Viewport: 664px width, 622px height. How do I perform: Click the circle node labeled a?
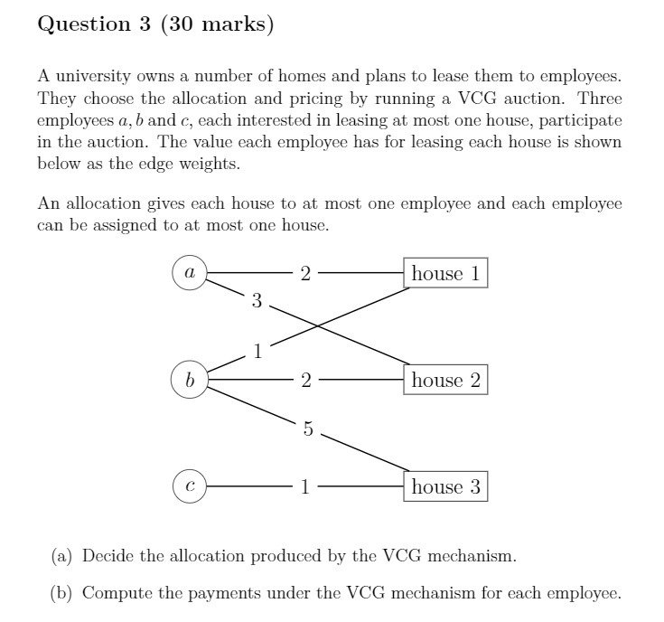190,272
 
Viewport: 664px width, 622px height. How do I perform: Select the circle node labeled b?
190,380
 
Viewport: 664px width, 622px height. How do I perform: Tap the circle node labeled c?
190,487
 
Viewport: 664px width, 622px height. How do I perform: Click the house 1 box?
446,273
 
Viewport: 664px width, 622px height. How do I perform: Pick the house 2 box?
446,380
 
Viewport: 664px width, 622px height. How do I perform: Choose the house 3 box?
446,487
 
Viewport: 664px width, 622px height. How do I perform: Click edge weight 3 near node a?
257,302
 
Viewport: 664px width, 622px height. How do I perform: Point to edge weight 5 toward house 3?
307,430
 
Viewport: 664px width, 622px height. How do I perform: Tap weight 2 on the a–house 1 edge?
305,273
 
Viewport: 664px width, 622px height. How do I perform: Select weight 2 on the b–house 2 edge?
305,381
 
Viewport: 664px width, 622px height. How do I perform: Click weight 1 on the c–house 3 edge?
305,487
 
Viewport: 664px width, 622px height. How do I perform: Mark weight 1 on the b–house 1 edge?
257,352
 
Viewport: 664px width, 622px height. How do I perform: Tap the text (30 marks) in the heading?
217,24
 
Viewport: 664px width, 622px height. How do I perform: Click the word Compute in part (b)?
113,594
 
